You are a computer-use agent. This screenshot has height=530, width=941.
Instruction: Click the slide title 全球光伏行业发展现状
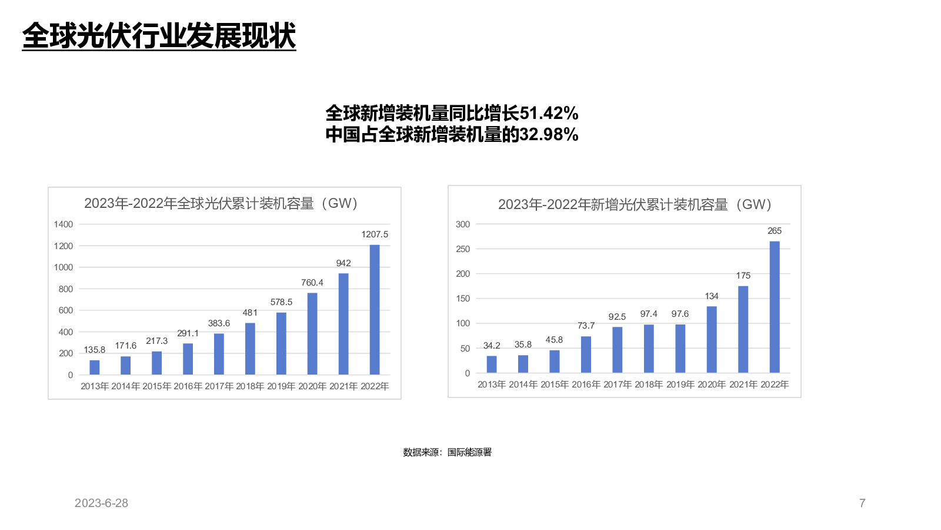(159, 36)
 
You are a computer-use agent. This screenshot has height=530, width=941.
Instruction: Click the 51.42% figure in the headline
(549, 112)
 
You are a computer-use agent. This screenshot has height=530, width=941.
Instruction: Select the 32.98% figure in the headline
(549, 135)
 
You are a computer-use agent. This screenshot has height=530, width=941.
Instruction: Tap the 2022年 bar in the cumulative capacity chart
(375, 310)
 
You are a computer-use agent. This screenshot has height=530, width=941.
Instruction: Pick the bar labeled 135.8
(95, 367)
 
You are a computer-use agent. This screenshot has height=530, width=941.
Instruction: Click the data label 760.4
(312, 283)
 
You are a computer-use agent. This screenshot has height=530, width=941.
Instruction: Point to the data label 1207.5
(375, 234)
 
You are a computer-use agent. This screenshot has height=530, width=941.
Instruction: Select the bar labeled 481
(250, 349)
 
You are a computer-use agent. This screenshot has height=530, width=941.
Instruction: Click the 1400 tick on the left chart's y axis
(64, 224)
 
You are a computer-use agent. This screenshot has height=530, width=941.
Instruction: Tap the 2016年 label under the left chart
(188, 386)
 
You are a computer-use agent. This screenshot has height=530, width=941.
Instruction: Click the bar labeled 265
(775, 307)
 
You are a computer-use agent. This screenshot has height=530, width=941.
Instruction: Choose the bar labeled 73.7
(586, 355)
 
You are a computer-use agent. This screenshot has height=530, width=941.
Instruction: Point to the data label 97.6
(680, 314)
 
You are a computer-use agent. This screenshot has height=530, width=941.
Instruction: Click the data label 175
(743, 276)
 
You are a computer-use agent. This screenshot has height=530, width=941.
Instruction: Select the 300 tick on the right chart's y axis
(463, 224)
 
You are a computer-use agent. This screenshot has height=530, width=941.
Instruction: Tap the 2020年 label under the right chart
(712, 385)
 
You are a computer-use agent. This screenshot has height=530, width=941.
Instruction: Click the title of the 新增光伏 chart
(635, 204)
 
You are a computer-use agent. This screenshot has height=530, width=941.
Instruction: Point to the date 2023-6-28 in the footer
(101, 503)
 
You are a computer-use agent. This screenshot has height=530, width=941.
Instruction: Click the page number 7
(862, 503)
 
